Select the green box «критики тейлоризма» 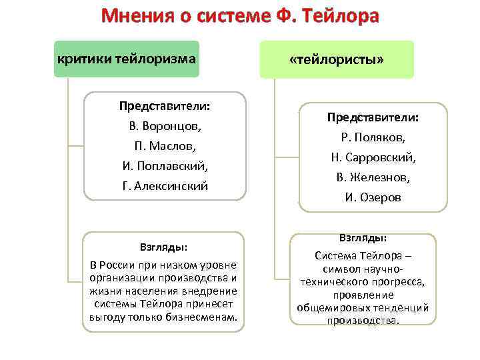click(x=127, y=59)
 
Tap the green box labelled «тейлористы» click(x=337, y=59)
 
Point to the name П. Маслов click(x=165, y=145)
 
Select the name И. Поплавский click(x=165, y=165)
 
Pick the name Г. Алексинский click(x=165, y=186)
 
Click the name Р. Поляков click(x=373, y=137)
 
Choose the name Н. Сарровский click(x=373, y=157)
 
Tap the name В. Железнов click(x=373, y=177)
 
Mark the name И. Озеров click(x=373, y=197)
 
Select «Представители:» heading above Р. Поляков click(x=373, y=117)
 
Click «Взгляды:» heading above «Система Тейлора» click(x=363, y=238)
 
